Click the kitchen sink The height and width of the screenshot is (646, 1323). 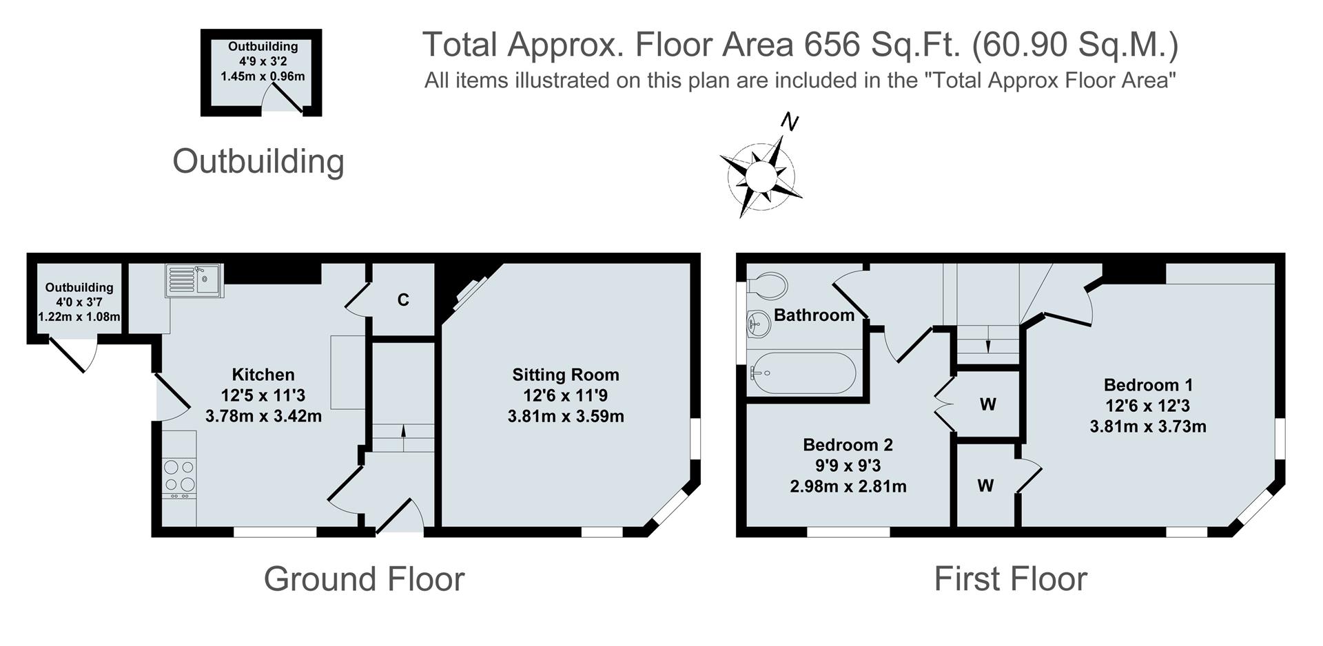[x=194, y=281]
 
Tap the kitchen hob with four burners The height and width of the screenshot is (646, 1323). [x=180, y=475]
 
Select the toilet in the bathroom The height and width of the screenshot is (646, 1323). [x=768, y=285]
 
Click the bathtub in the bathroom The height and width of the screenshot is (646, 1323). [x=803, y=373]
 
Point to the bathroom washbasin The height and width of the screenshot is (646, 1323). [x=759, y=323]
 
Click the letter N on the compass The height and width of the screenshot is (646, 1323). [x=790, y=123]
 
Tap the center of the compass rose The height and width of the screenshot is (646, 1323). [x=761, y=175]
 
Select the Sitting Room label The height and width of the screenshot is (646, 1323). [x=565, y=375]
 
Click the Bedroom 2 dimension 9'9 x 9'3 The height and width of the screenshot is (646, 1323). [x=848, y=466]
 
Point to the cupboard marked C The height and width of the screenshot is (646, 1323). [x=403, y=300]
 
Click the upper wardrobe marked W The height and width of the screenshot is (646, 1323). [x=987, y=404]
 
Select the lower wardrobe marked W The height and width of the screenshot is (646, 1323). [x=985, y=486]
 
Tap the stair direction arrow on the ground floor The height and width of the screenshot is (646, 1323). [x=403, y=431]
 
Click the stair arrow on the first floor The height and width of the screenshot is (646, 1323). [x=988, y=346]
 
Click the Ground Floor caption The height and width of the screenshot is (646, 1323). [x=364, y=579]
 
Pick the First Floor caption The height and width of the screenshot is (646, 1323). [x=1010, y=579]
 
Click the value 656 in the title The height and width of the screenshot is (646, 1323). [x=832, y=45]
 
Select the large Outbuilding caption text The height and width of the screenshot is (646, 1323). [x=258, y=161]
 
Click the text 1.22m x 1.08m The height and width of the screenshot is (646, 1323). [x=79, y=317]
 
